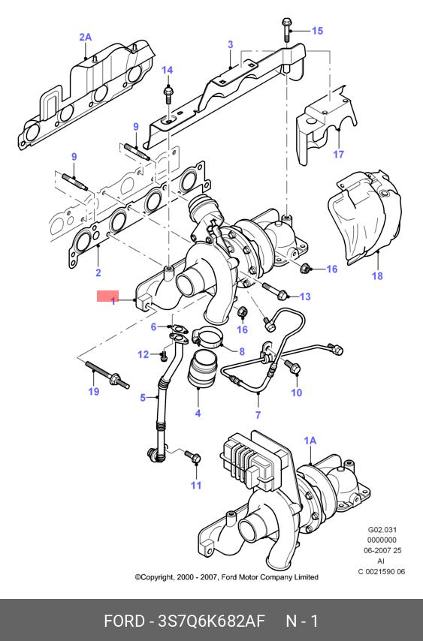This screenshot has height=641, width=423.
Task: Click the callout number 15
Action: (317, 31)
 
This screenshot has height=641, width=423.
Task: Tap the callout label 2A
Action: (86, 38)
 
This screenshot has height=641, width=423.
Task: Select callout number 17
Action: (338, 154)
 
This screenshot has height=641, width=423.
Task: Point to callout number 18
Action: (377, 276)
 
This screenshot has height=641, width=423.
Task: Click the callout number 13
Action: (305, 296)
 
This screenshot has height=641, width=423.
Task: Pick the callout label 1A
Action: (310, 441)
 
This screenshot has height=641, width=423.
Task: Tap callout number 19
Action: (94, 391)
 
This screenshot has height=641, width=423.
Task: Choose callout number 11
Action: (196, 485)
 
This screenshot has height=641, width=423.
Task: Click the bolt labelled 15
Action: (286, 29)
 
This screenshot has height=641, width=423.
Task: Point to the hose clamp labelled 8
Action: (206, 336)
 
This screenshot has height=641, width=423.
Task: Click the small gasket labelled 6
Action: (178, 327)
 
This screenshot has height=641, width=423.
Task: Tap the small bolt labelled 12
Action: (163, 356)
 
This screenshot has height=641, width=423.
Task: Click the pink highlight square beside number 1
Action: (107, 296)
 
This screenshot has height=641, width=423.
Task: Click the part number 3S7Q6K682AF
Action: (212, 621)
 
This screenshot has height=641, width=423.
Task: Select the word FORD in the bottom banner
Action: (124, 621)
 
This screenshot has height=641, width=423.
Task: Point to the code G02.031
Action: (382, 529)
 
